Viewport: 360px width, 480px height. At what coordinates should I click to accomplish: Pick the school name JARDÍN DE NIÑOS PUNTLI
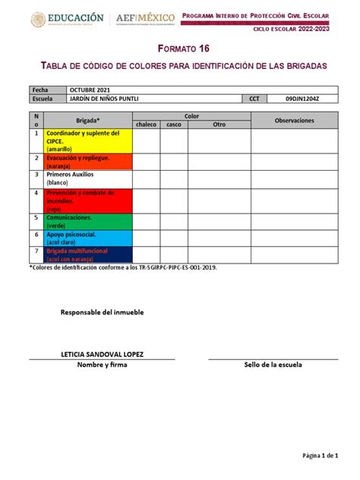click(x=109, y=99)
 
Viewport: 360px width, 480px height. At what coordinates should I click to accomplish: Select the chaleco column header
click(x=146, y=124)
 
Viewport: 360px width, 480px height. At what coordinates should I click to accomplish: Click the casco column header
click(x=174, y=124)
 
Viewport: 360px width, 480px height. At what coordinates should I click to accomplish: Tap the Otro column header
click(x=219, y=124)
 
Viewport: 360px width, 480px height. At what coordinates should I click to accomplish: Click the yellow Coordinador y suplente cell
click(x=88, y=141)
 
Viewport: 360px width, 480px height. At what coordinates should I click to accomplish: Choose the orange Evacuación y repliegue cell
click(x=88, y=160)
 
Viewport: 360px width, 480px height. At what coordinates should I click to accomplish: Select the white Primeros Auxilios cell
click(x=88, y=178)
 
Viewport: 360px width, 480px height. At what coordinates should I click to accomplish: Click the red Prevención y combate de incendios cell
click(x=88, y=201)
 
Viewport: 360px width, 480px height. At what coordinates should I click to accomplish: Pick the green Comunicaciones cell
click(x=88, y=221)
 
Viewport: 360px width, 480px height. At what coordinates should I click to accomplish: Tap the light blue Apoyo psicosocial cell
click(x=88, y=238)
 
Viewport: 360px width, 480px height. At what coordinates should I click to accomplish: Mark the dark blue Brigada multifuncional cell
click(x=88, y=255)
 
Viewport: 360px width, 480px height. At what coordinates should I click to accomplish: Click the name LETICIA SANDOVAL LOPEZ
click(x=103, y=355)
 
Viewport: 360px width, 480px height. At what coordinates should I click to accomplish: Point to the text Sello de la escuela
click(x=273, y=365)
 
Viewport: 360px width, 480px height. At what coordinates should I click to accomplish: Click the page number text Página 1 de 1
click(x=320, y=455)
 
